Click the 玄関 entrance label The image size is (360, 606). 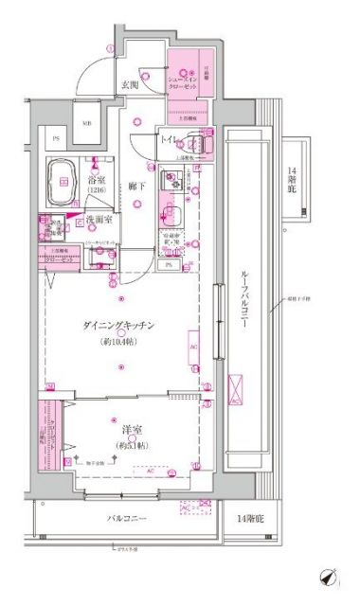click(129, 86)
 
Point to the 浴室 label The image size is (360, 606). click(97, 177)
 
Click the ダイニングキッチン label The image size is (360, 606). click(119, 325)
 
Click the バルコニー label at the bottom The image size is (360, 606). click(125, 519)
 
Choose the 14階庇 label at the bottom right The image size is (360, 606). click(251, 520)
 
